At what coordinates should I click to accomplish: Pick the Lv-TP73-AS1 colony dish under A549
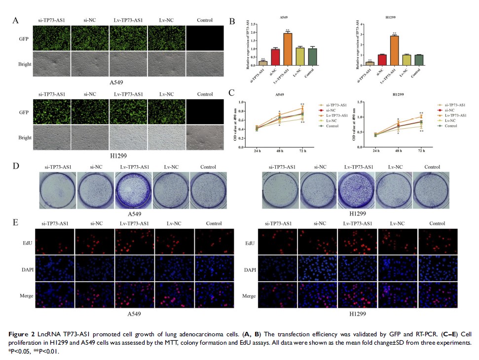coord(133,190)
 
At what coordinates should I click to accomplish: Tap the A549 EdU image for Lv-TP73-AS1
coord(134,241)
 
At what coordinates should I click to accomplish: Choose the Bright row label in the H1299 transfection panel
coord(25,138)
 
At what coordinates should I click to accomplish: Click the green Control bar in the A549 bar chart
coord(313,57)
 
